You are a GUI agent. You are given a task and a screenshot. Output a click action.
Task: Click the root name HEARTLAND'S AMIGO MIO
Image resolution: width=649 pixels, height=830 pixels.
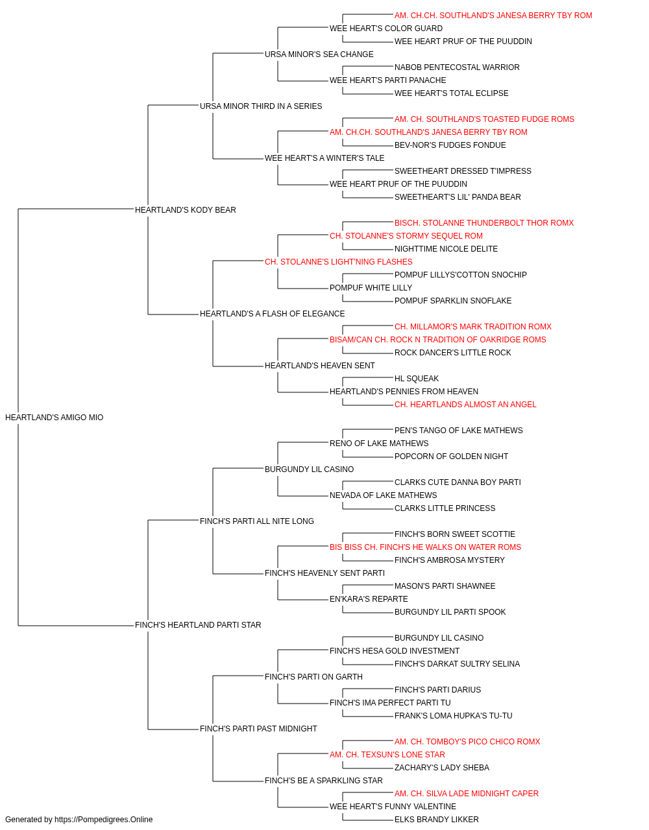(x=55, y=418)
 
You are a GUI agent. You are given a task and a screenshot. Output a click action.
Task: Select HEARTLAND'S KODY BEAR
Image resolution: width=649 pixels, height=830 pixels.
(x=186, y=209)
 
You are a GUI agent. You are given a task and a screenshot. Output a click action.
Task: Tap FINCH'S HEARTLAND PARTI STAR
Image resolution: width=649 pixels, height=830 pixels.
(x=198, y=625)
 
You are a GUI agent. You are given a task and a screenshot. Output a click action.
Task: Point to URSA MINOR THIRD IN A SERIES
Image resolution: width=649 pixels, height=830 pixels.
(x=261, y=106)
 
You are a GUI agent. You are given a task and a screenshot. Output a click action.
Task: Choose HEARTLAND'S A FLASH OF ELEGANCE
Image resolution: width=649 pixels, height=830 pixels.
(x=272, y=314)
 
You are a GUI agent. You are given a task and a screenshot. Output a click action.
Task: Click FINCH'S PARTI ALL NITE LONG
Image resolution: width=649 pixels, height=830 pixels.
(x=257, y=521)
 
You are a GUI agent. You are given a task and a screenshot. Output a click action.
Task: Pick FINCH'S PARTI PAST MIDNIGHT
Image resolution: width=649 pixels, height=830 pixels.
(x=258, y=728)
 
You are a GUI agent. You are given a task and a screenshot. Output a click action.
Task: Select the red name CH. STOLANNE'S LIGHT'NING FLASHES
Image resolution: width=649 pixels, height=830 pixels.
(x=339, y=261)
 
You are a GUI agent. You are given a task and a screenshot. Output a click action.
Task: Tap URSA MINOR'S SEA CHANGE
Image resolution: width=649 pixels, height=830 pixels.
(x=319, y=54)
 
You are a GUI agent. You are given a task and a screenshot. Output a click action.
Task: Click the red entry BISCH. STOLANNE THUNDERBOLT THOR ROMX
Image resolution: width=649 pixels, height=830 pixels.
(x=484, y=222)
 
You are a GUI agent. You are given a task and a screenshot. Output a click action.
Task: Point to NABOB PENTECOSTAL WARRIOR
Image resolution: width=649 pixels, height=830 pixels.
(x=457, y=67)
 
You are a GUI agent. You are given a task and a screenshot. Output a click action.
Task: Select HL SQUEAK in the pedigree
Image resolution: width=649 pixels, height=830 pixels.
(x=417, y=379)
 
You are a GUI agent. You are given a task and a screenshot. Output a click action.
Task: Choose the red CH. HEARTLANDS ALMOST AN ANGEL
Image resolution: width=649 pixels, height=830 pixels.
(x=465, y=405)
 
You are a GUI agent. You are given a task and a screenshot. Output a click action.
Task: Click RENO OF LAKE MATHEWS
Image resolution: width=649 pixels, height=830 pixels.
(x=379, y=443)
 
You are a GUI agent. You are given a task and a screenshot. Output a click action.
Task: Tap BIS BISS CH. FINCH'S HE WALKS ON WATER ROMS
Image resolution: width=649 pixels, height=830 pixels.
(x=425, y=547)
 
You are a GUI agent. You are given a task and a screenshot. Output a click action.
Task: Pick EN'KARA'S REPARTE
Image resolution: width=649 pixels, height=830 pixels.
(x=369, y=599)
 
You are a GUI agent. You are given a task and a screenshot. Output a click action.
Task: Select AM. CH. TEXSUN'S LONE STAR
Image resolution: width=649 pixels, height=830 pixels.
(x=387, y=754)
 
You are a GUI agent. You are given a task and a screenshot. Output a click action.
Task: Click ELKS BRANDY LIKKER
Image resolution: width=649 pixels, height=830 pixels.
(x=437, y=820)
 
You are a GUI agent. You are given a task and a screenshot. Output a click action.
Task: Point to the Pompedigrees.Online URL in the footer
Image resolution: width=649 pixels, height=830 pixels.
(x=104, y=820)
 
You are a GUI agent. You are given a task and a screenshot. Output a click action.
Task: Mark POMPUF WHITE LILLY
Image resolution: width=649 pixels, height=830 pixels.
(x=371, y=288)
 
